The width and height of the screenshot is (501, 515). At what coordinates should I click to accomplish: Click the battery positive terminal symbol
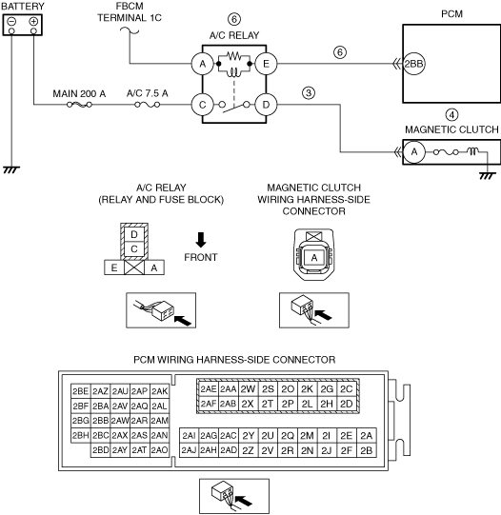[33, 22]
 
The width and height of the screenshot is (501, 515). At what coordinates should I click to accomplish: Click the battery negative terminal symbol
[11, 22]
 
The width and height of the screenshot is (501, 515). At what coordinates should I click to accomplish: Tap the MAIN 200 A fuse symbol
[79, 105]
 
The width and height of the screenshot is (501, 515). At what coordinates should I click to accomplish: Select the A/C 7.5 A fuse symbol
[148, 105]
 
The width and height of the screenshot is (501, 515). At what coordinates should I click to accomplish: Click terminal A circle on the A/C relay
[202, 64]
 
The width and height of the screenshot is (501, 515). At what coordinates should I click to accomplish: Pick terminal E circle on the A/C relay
[266, 64]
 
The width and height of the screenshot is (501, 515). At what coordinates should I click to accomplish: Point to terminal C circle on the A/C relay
[202, 105]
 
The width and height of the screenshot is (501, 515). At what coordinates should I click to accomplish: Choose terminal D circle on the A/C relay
[266, 105]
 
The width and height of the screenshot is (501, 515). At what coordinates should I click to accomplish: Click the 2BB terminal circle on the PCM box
[413, 64]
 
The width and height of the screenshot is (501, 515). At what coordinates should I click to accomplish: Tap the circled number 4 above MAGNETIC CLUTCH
[452, 115]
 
